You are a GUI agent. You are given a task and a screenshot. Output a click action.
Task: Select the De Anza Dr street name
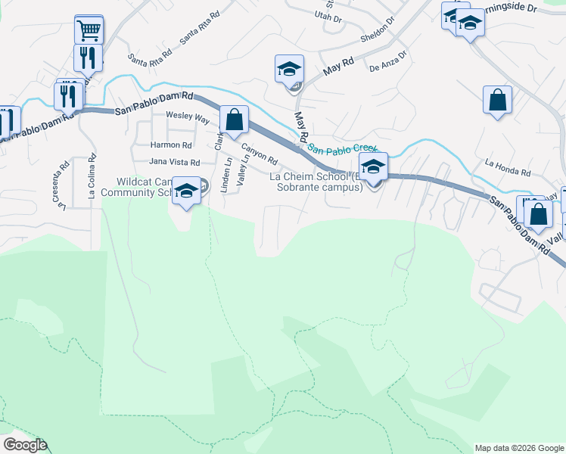point(388,61)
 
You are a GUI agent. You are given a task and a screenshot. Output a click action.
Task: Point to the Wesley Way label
point(188,119)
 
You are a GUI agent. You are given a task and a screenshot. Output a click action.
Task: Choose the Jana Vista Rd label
point(174,162)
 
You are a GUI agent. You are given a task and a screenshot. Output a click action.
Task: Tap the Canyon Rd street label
point(260,157)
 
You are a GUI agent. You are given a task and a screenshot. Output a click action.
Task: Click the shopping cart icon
point(89,31)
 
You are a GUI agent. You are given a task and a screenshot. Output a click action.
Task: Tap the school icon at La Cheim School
point(373,166)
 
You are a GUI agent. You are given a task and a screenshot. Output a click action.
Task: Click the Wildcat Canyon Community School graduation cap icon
point(185,191)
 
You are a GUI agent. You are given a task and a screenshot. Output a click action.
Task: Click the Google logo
point(25,445)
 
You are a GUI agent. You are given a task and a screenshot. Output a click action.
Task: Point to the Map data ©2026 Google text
point(518,448)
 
